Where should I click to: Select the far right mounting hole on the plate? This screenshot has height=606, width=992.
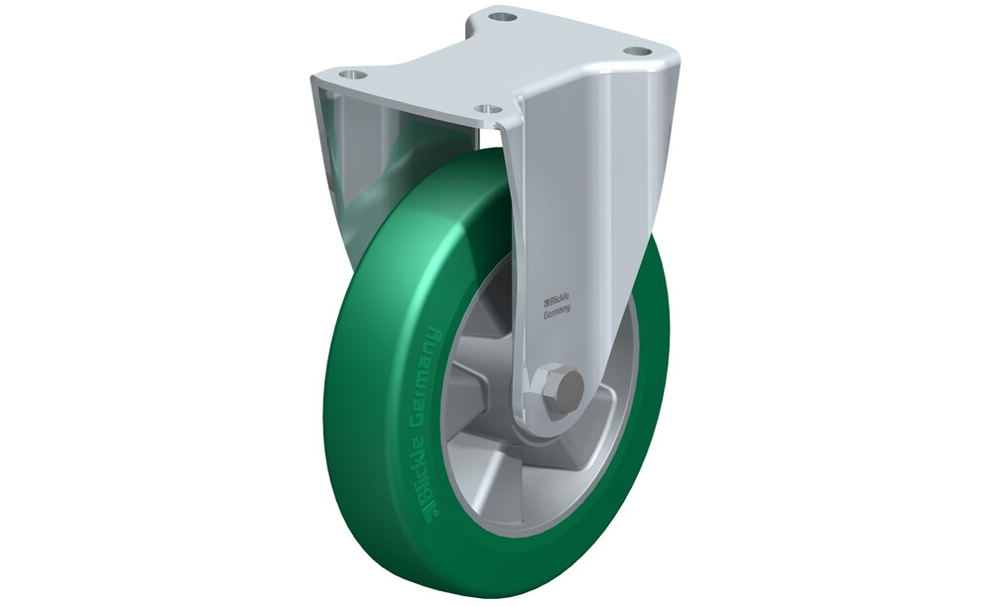[x=637, y=52]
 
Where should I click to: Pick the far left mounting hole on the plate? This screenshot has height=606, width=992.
[x=353, y=74]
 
